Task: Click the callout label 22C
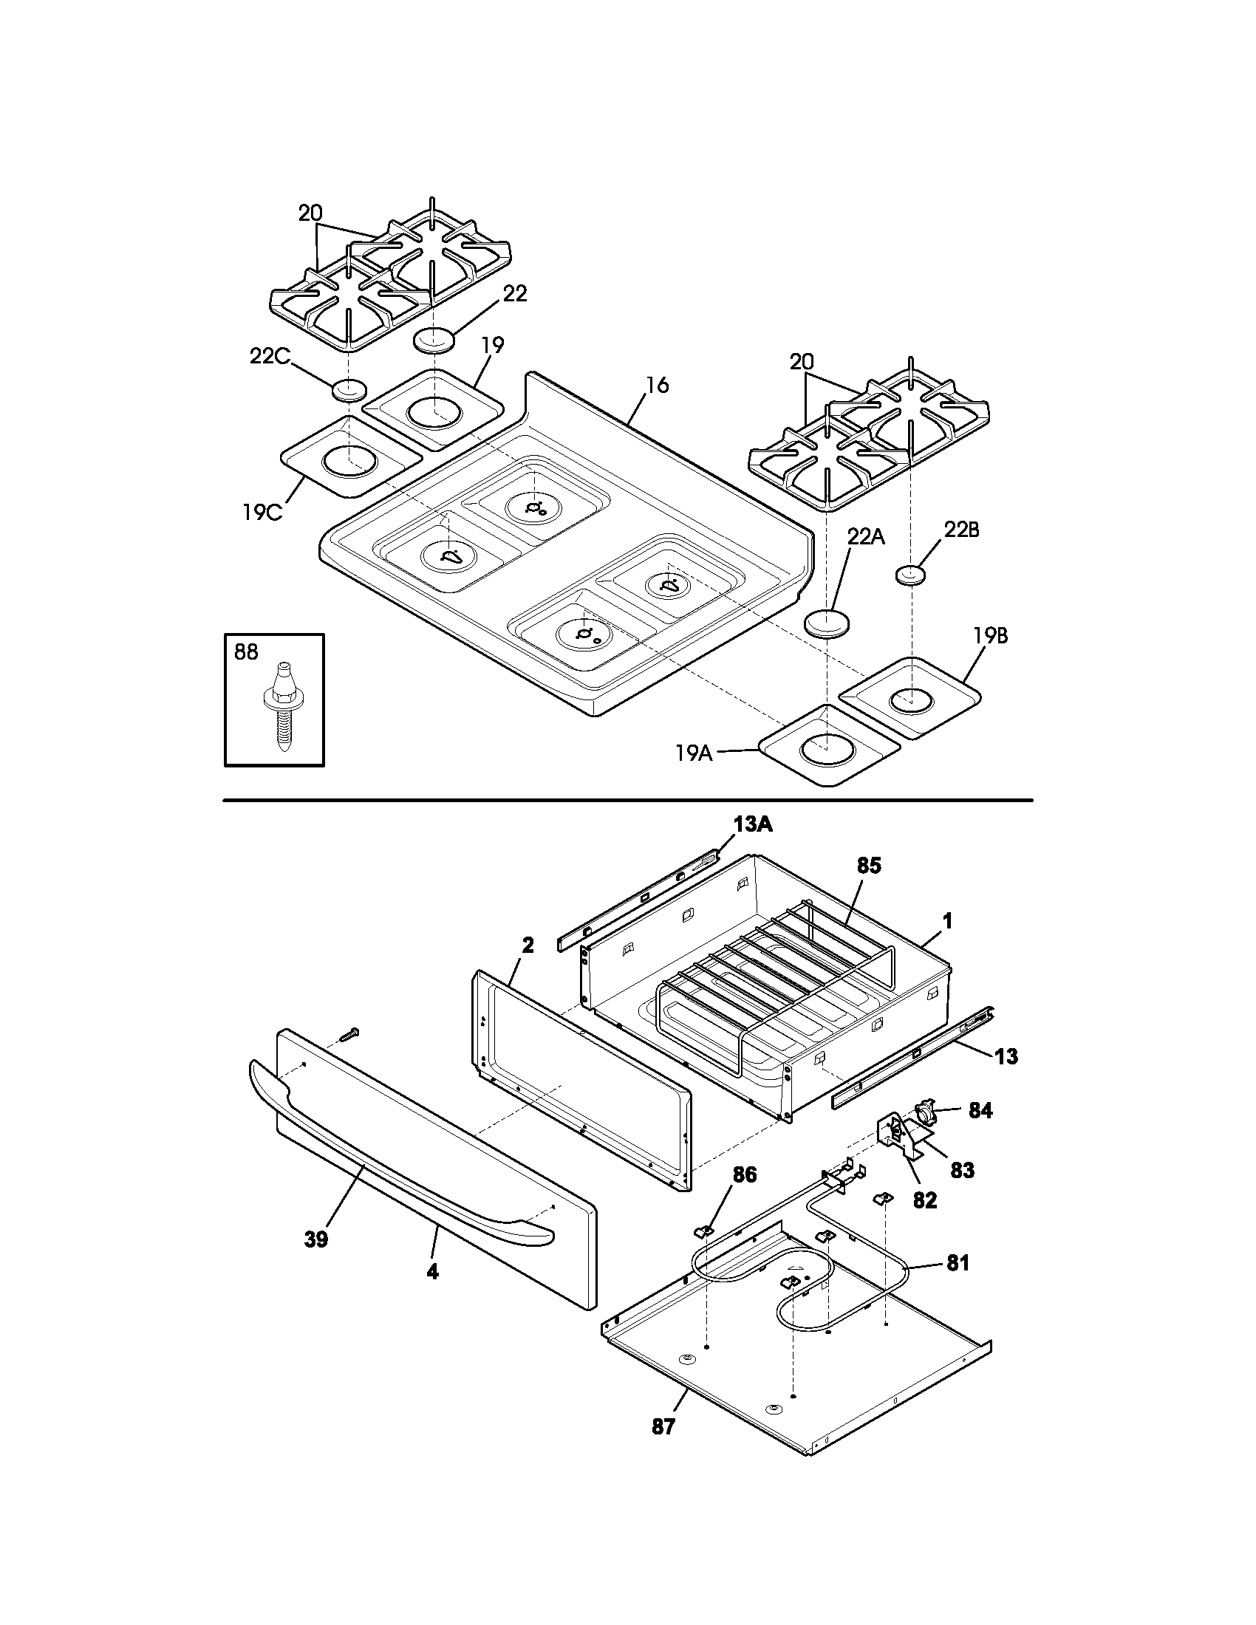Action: point(270,357)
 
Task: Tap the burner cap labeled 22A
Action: point(827,623)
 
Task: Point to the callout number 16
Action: point(657,385)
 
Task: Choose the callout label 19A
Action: point(694,753)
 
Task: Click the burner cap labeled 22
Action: point(434,339)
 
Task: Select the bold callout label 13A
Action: point(753,824)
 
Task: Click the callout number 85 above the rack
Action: point(868,866)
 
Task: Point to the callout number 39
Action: point(316,1239)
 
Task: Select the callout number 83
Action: point(962,1171)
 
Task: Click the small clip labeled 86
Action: point(704,1229)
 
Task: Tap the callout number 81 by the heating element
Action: point(958,1262)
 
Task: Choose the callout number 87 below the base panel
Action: point(663,1426)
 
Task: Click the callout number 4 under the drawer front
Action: point(432,1272)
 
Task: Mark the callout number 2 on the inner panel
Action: point(528,945)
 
